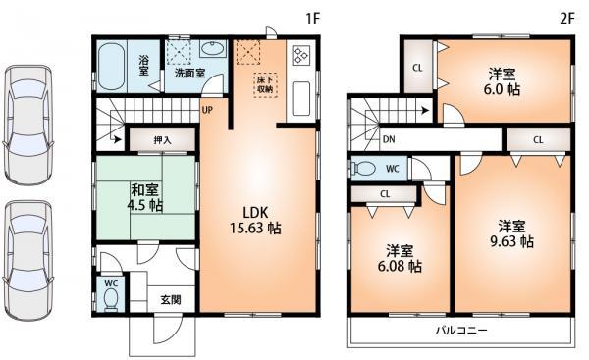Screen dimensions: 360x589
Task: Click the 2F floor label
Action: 565,17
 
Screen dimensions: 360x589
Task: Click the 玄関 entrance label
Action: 171,299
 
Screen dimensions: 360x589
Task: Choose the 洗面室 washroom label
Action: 188,72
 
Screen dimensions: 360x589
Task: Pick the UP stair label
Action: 206,110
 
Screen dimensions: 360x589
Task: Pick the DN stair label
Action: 389,139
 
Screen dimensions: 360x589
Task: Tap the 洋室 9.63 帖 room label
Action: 511,231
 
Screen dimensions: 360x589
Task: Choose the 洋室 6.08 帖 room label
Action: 402,257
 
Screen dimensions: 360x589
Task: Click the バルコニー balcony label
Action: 461,331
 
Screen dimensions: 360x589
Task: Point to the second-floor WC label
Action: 391,168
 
